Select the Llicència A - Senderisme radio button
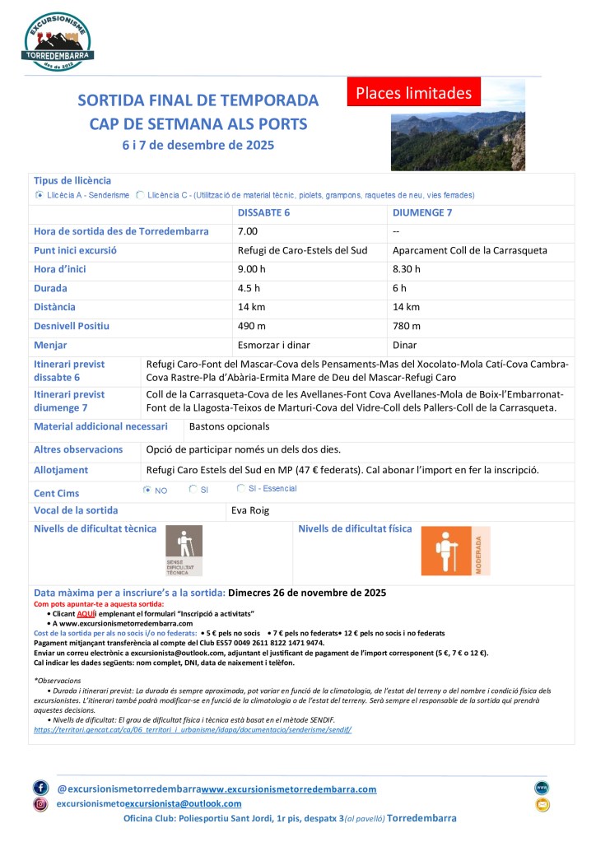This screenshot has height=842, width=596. tap(40, 195)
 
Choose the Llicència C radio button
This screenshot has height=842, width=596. tap(139, 195)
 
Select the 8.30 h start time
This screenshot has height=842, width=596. tap(407, 269)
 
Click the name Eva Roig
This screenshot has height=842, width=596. tap(250, 510)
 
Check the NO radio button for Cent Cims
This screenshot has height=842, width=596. tap(147, 490)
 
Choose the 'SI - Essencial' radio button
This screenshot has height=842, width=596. tap(240, 489)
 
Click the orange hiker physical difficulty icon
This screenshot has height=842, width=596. tap(455, 551)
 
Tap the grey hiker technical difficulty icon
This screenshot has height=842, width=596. tap(184, 550)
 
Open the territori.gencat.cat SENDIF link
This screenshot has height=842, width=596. tap(193, 729)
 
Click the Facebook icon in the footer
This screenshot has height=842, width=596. tap(41, 788)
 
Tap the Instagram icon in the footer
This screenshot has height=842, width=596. tap(41, 804)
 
